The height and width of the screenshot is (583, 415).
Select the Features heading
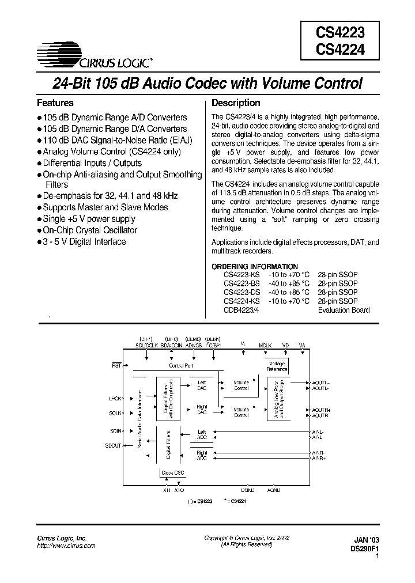point(55,103)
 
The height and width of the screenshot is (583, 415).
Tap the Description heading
point(236,103)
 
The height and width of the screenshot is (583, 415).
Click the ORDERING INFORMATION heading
point(261,266)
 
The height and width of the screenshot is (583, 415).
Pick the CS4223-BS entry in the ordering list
point(242,284)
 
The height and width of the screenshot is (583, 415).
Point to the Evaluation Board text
point(344,310)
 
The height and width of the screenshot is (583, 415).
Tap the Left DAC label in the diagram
point(202,385)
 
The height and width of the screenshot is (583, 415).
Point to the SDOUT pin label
point(114,446)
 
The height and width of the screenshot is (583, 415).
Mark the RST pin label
point(115,365)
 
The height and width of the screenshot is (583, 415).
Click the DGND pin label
point(248,489)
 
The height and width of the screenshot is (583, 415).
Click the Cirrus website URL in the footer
point(66,545)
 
